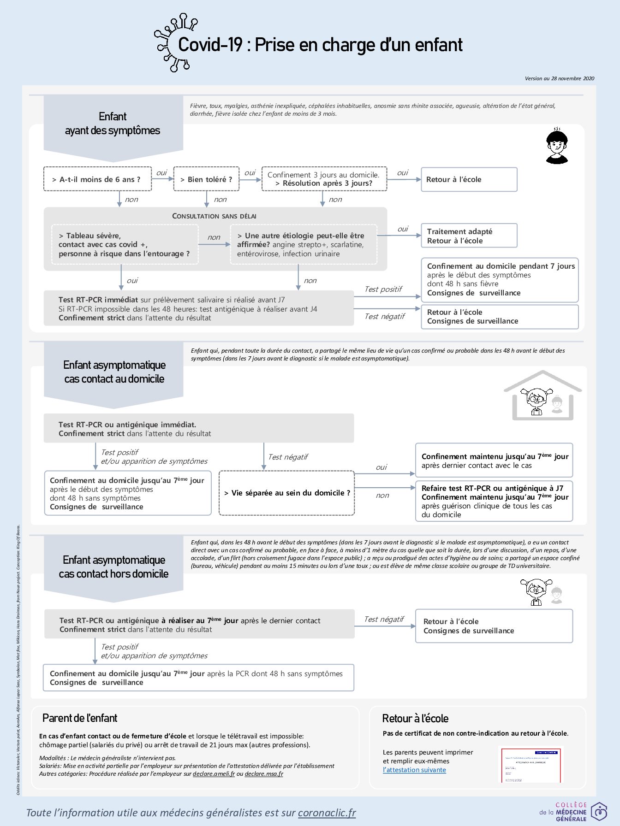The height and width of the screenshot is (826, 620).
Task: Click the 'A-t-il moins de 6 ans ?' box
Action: click(97, 179)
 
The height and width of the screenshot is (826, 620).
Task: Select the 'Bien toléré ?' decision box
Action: click(206, 179)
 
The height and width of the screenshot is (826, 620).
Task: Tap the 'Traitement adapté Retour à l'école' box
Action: click(469, 236)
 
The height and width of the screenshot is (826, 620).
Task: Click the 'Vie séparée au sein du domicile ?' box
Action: click(286, 493)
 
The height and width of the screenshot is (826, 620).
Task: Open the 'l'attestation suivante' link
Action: click(414, 770)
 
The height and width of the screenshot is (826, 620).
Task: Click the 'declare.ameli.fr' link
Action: click(214, 773)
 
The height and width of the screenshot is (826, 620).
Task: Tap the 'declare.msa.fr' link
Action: click(264, 773)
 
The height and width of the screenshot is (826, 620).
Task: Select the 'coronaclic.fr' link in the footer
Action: click(327, 813)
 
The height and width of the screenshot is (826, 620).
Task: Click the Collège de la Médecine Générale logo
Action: click(573, 811)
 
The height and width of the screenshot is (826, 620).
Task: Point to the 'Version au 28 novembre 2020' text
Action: click(559, 78)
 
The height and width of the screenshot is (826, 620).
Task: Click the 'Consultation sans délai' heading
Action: click(214, 216)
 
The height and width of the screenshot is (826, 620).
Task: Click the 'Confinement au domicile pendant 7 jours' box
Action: click(500, 279)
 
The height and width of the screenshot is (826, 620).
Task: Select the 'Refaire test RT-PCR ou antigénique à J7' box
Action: click(494, 501)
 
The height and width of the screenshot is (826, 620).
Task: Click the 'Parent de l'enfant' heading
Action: click(80, 718)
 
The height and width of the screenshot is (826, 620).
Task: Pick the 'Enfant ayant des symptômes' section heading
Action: click(113, 124)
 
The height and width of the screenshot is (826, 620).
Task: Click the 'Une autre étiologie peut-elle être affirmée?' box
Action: click(304, 244)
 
